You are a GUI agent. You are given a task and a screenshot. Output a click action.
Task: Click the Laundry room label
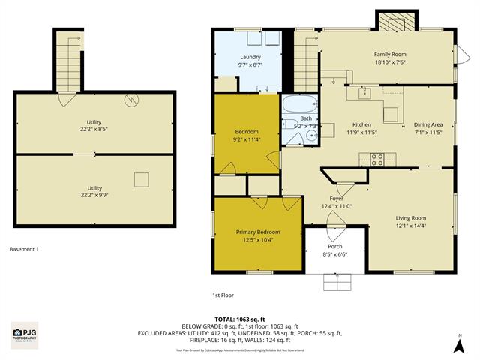pyautogui.click(x=250, y=58)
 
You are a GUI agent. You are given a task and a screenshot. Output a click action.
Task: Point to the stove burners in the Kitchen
pyautogui.click(x=376, y=158)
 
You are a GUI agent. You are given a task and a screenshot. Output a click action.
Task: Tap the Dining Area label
pyautogui.click(x=428, y=124)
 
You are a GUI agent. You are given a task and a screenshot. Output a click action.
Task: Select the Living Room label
pyautogui.click(x=410, y=217)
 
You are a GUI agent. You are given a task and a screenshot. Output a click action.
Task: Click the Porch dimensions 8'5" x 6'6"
pyautogui.click(x=335, y=255)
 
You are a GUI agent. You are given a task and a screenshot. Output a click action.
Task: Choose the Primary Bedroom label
pyautogui.click(x=258, y=232)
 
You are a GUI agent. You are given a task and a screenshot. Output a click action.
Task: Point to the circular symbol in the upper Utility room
pyautogui.click(x=132, y=98)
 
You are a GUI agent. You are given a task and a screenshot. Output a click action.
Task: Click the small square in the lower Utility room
pyautogui.click(x=140, y=178)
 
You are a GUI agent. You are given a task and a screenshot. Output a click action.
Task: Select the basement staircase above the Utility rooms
pyautogui.click(x=68, y=60)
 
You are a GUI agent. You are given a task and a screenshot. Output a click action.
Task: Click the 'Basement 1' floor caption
pyautogui.click(x=23, y=249)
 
